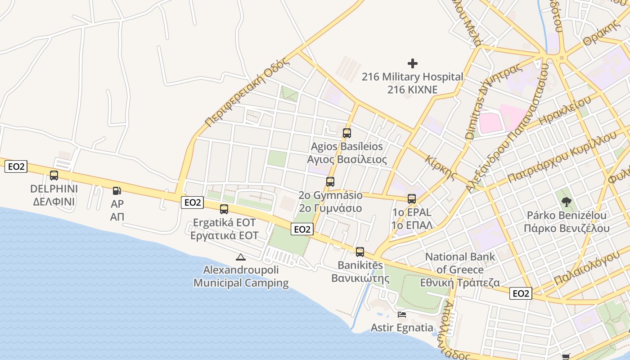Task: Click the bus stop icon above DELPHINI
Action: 54,175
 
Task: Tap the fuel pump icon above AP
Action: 117,191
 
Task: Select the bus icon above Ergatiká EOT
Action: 224,209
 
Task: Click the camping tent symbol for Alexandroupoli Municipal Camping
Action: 241,257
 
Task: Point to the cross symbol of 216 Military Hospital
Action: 412,63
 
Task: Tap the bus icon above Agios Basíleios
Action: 346,133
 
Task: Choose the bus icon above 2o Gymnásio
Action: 330,182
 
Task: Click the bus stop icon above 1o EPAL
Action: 411,199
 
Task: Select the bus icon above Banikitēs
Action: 360,252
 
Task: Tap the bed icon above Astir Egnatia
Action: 402,314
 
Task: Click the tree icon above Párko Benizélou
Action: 566,202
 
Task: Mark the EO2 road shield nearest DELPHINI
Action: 16,167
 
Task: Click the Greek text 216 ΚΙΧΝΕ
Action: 412,90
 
